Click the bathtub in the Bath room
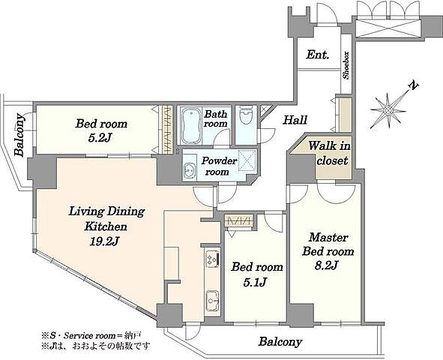pos(190,125)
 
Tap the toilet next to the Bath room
pos(245,115)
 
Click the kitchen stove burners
pos(212,259)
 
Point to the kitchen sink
pos(212,301)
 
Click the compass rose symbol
pos(388,109)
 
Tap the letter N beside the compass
pos(413,85)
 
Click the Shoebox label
pos(346,65)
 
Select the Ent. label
pos(318,54)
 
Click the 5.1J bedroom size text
pos(255,281)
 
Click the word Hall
pos(295,120)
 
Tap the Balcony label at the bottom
pos(280,342)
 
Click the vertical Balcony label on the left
pos(19,135)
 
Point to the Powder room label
pos(219,166)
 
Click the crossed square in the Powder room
pos(247,160)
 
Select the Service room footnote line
pos(91,336)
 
